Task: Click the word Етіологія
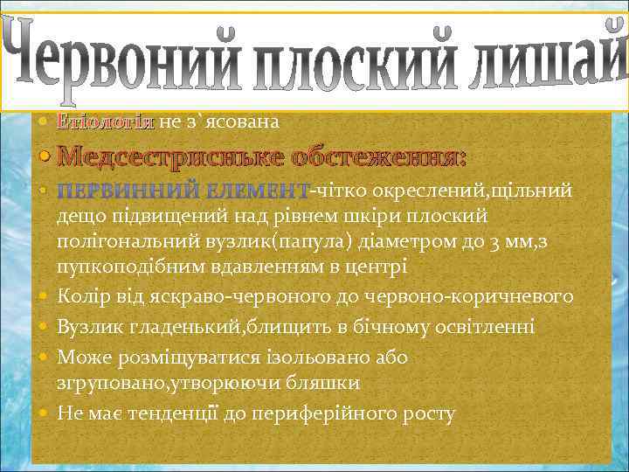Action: point(105,122)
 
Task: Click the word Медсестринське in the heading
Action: point(166,157)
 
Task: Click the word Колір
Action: point(79,297)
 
